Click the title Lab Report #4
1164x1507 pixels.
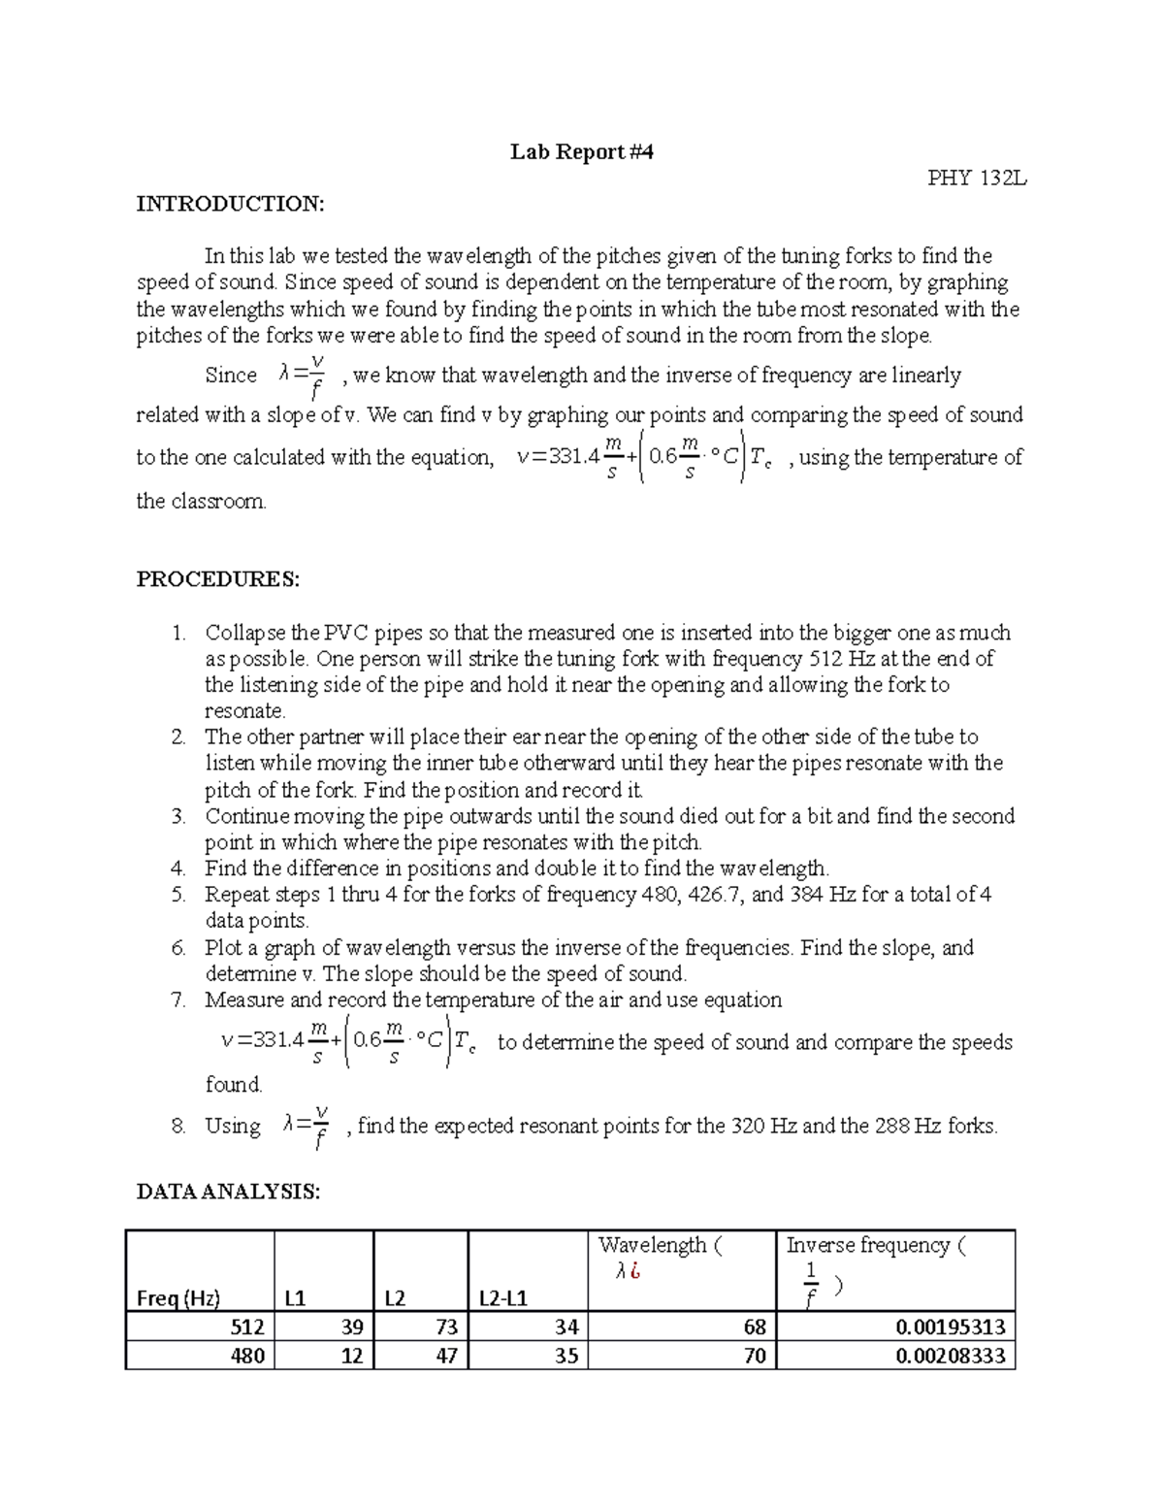coord(582,151)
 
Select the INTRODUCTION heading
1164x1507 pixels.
coord(230,204)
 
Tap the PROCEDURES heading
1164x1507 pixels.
coord(218,579)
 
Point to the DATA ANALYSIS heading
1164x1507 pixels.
coord(228,1192)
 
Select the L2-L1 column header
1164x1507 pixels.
coord(503,1298)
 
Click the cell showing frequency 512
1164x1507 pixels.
coord(246,1327)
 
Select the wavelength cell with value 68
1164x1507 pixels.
coord(754,1327)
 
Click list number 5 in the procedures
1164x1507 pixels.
coord(178,895)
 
